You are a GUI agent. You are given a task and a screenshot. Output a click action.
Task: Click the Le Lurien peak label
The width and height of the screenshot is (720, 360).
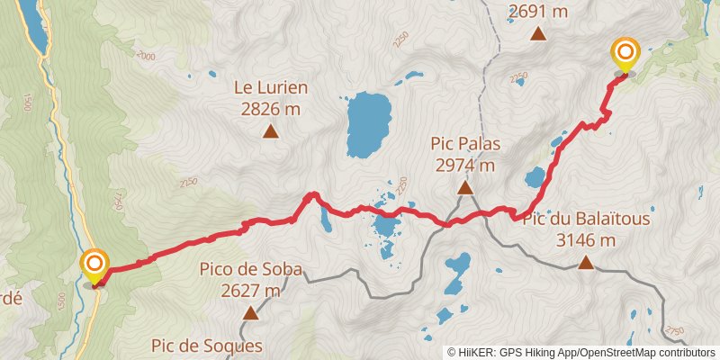[x=271, y=88]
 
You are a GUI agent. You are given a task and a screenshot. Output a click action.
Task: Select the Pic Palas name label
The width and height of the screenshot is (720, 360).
[x=465, y=144]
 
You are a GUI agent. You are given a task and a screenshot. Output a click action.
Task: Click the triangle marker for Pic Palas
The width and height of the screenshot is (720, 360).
[x=465, y=187]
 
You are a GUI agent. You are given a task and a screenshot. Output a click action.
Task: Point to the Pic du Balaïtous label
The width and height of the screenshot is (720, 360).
[x=586, y=219]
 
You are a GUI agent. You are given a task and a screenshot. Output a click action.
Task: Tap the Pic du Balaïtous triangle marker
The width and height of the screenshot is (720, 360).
[x=586, y=262]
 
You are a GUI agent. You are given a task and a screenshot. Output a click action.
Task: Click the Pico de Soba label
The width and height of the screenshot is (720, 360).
[x=251, y=269]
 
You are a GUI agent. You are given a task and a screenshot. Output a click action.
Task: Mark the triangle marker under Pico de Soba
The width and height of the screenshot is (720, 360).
[x=250, y=313]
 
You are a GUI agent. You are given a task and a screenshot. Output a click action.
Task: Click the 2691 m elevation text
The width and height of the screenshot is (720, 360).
[x=538, y=11]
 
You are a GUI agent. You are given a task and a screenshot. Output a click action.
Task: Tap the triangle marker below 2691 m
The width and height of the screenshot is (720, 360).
[x=538, y=34]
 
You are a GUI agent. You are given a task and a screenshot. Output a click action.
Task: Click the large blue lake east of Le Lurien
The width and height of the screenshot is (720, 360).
[x=368, y=123]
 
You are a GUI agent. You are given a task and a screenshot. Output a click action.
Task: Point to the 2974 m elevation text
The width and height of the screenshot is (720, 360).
[x=465, y=166]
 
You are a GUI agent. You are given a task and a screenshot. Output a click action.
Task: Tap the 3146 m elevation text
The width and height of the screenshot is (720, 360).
[x=586, y=240]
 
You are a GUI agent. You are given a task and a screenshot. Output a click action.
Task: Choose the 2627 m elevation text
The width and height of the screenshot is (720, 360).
[x=251, y=291]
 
